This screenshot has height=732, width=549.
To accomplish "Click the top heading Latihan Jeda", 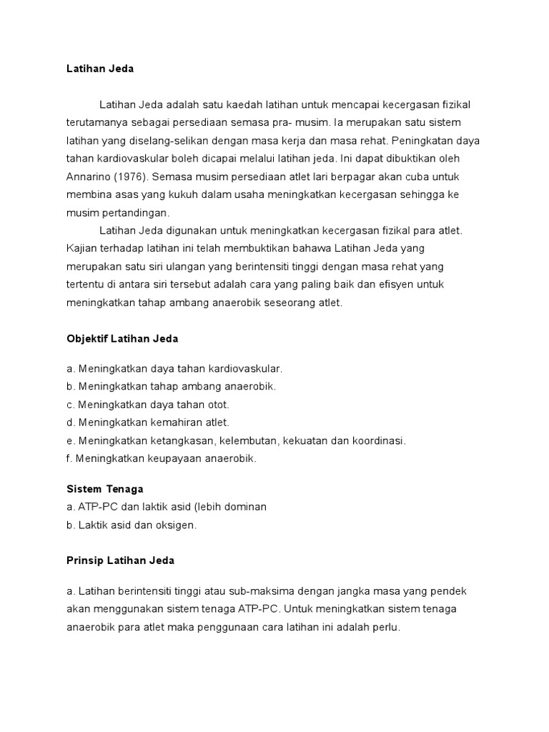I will [99, 69].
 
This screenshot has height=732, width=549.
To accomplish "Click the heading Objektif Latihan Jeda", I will [122, 339].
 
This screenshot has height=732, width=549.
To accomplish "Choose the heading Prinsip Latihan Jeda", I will [119, 561].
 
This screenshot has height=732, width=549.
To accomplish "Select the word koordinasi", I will [378, 440].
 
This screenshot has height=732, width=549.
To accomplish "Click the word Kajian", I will [80, 248].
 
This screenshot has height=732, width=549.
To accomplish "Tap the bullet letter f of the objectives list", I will [69, 458].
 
